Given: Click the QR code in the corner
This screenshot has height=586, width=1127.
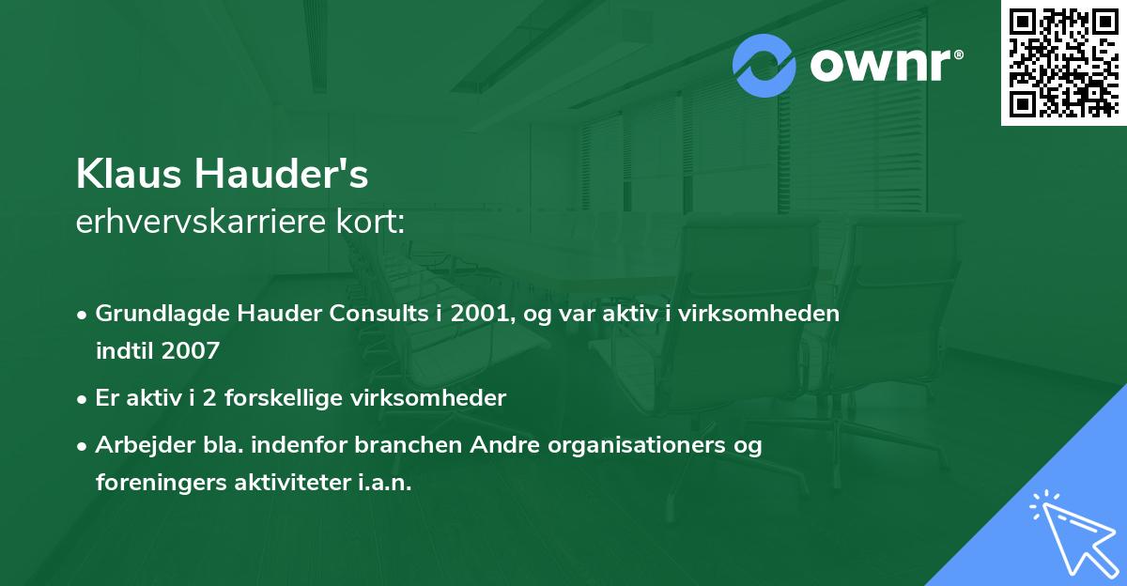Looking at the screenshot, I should [x=1063, y=63].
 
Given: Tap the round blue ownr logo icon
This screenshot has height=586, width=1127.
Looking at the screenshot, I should [x=764, y=65].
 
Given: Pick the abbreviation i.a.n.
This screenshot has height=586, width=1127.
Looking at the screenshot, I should [x=384, y=483].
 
